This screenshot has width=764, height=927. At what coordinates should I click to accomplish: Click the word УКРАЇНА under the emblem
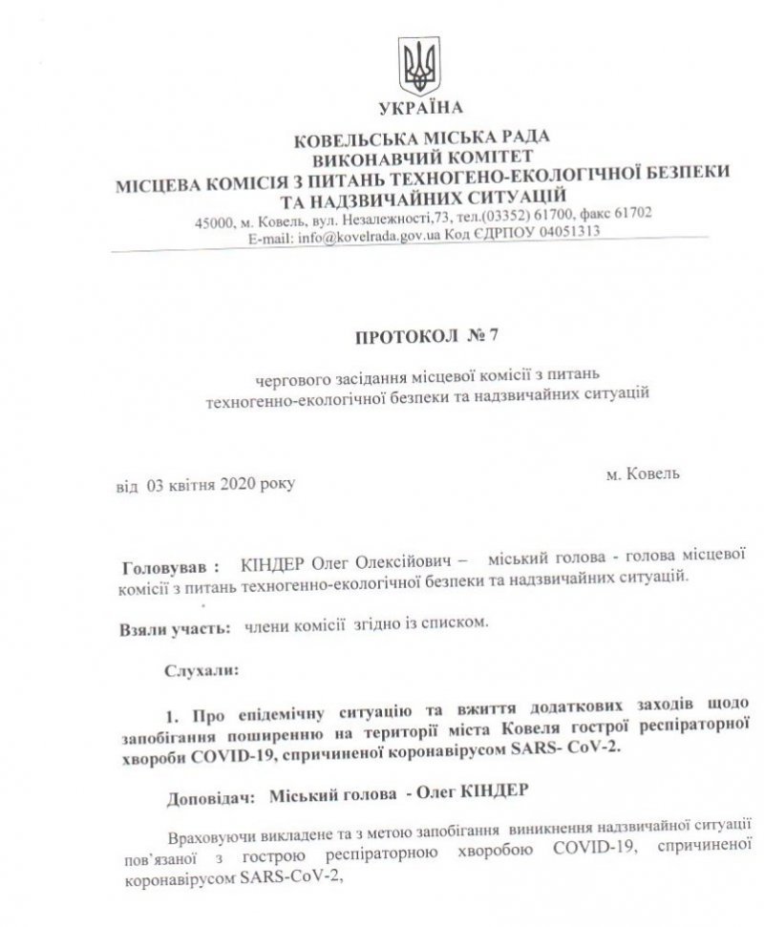(x=420, y=108)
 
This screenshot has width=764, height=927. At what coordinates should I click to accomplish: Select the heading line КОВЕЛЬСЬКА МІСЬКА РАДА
(x=420, y=140)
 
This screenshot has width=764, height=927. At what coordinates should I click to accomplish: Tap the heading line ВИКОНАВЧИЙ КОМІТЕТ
(x=420, y=157)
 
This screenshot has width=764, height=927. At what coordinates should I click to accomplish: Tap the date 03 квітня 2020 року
(x=218, y=485)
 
